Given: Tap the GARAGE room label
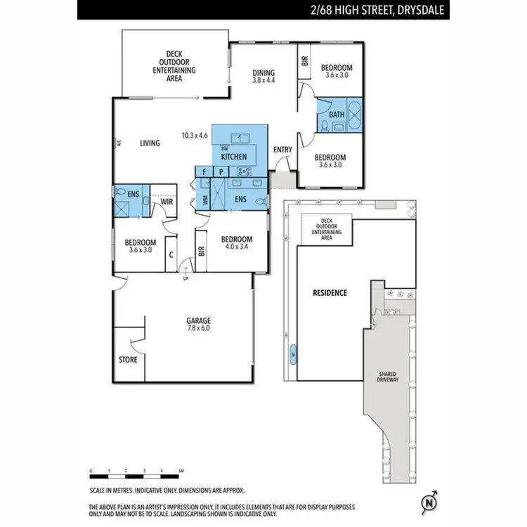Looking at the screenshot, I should (x=198, y=320).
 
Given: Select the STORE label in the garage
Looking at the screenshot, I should (x=128, y=359).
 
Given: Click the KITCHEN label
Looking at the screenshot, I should (x=232, y=157).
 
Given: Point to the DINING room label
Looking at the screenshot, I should (x=264, y=73).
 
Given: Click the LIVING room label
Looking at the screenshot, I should (x=150, y=143).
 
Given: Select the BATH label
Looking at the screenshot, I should (x=337, y=115).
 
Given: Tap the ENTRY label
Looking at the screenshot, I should (x=282, y=150).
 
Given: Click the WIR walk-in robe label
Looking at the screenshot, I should (x=167, y=202).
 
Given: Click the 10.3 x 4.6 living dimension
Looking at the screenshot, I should (x=195, y=135).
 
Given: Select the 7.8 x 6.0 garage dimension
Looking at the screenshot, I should (x=198, y=328).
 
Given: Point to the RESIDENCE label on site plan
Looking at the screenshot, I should (x=330, y=292).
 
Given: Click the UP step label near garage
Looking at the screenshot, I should (x=186, y=279).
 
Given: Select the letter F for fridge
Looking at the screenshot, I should (x=204, y=171).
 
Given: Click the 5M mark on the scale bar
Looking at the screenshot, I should (x=181, y=470).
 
